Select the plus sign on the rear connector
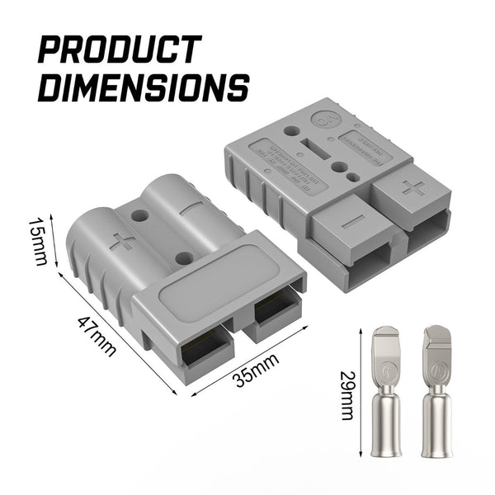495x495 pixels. [415, 189]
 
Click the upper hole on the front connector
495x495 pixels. [141, 216]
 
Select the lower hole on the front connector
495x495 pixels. [183, 258]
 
